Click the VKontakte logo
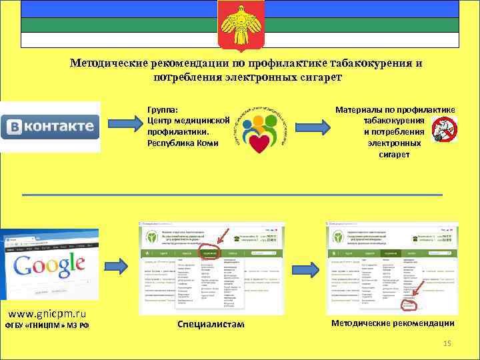tap(51, 127)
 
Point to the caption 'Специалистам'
tap(211, 324)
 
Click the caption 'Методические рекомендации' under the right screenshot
tap(393, 323)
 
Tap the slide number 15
tap(447, 343)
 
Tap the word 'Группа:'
tap(163, 109)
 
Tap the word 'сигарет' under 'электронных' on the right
tap(396, 155)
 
